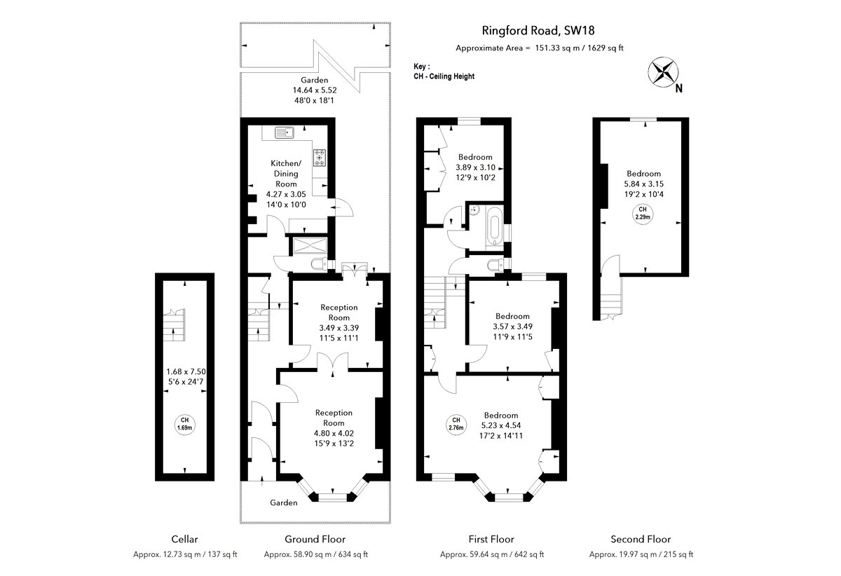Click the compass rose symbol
tap(663, 71)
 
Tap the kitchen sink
tap(285, 132)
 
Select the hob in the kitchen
tap(320, 158)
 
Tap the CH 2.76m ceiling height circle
tap(456, 424)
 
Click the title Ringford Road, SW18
tap(538, 30)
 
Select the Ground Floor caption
tap(315, 539)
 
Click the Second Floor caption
tap(641, 539)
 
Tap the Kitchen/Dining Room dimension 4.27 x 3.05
tap(286, 194)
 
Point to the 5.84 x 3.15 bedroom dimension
tap(644, 184)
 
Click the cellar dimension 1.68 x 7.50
tap(186, 371)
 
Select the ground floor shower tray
tap(310, 245)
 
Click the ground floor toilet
tap(320, 264)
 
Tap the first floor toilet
tap(497, 264)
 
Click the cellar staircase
tap(174, 325)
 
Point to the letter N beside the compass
tap(678, 88)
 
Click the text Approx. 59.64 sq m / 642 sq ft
tap(492, 554)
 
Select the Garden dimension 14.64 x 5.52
tap(315, 90)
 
